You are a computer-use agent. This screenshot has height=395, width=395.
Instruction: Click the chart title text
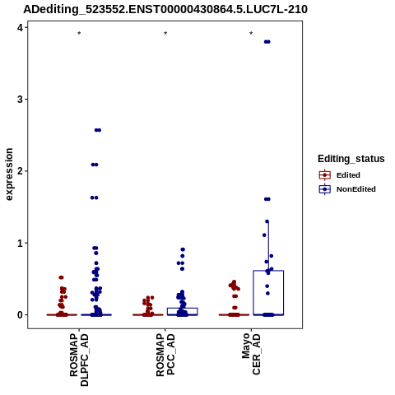click(165, 10)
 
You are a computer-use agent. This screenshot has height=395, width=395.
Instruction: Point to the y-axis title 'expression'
click(9, 174)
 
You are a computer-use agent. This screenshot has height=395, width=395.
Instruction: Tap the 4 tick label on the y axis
click(20, 27)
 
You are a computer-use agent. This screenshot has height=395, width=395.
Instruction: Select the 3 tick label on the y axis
click(20, 100)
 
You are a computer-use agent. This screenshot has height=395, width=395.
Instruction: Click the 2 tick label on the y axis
click(20, 171)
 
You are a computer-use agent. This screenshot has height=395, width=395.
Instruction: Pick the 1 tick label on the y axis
click(20, 243)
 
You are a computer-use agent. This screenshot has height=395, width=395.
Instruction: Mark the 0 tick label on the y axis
click(20, 315)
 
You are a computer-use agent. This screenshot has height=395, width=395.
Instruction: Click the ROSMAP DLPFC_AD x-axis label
click(79, 360)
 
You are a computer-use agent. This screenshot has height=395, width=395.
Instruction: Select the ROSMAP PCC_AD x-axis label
click(165, 355)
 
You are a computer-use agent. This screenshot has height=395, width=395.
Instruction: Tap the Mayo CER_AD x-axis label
click(251, 354)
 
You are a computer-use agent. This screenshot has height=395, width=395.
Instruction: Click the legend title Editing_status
click(351, 159)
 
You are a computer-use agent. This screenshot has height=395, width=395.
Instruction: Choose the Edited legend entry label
click(348, 175)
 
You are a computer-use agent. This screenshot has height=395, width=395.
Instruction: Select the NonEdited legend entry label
click(356, 189)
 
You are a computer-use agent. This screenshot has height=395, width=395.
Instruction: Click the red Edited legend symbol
click(325, 175)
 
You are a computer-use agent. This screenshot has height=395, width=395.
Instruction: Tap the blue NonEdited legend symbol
click(325, 189)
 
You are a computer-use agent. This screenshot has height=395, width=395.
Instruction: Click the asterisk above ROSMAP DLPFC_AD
click(79, 34)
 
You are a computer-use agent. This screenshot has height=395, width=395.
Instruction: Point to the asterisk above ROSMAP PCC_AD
click(165, 34)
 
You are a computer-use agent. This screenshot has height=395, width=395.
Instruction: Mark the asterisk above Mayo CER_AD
click(251, 34)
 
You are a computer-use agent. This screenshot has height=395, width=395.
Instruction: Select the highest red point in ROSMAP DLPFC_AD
click(62, 277)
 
